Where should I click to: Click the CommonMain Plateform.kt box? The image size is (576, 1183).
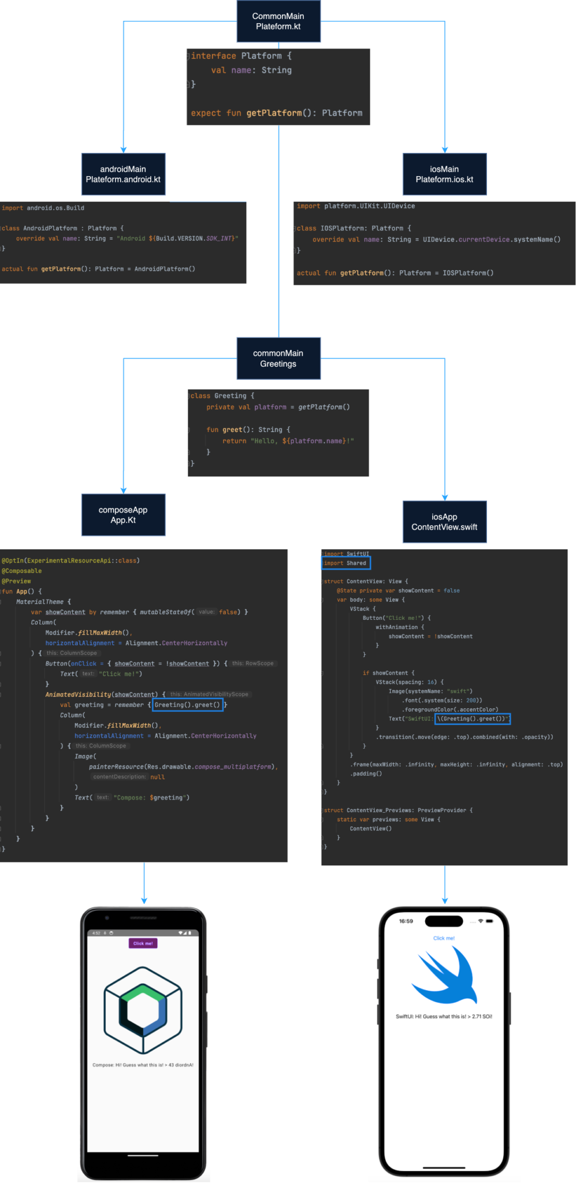coord(278,21)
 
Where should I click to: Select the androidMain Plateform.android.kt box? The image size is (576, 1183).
coord(123,174)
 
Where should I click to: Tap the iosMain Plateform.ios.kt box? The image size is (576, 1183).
coord(444,174)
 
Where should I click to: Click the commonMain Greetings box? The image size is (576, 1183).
coord(278,358)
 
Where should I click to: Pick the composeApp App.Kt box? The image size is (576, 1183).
coord(123,515)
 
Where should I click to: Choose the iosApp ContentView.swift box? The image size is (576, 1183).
coord(444,522)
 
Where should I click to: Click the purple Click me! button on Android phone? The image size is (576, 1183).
coord(143,943)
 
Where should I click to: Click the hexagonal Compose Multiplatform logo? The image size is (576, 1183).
coord(143,1009)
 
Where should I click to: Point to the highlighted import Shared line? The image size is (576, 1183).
coord(345,563)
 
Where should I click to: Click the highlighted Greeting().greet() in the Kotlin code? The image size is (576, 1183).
coord(187,705)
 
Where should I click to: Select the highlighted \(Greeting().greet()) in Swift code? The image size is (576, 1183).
coord(472,719)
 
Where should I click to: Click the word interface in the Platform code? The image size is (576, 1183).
coord(214,56)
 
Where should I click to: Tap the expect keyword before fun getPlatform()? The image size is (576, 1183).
coord(206,113)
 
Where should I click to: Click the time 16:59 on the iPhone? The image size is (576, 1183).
coord(406,921)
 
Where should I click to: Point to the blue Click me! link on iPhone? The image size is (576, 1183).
coord(444,938)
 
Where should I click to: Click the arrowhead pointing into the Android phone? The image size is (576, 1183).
coord(144,900)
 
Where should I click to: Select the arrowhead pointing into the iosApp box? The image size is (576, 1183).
coord(444,497)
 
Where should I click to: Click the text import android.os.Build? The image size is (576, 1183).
coord(43,208)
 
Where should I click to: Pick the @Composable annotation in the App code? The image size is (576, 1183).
coord(22,571)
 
